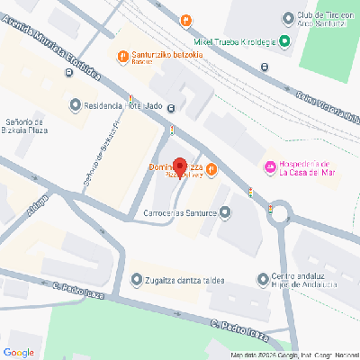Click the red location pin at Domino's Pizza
179,167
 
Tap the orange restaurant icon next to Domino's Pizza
211,168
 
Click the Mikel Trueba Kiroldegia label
234,40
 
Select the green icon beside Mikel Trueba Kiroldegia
284,40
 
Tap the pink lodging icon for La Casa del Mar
268,167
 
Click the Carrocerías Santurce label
180,213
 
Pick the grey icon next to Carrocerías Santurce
225,213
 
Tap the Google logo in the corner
19,351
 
